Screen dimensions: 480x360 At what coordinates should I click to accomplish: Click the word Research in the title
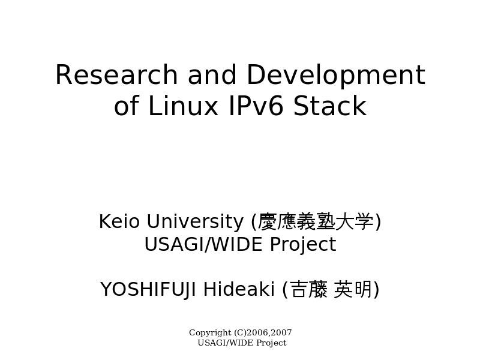click(116, 74)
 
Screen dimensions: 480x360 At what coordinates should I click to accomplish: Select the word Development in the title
click(336, 77)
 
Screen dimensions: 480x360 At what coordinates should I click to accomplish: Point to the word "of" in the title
click(127, 105)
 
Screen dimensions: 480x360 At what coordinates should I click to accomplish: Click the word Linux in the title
click(183, 106)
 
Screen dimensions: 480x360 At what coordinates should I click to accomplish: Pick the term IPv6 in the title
click(256, 106)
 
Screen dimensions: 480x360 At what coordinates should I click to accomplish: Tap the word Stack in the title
click(329, 105)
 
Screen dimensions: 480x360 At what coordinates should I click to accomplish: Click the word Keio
click(119, 221)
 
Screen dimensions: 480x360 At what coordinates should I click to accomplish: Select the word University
click(195, 222)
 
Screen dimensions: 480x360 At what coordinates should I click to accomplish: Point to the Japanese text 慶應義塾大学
click(316, 221)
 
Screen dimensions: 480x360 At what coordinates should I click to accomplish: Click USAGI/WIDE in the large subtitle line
click(203, 244)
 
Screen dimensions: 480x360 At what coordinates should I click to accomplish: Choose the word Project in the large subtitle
click(303, 245)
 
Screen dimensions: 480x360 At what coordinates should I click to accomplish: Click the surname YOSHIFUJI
click(148, 290)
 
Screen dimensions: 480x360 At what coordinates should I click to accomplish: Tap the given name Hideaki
click(239, 289)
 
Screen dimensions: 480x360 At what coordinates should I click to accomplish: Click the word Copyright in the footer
click(210, 333)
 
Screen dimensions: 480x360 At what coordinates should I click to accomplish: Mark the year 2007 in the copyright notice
click(281, 332)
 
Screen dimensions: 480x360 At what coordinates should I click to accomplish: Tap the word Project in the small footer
click(272, 343)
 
